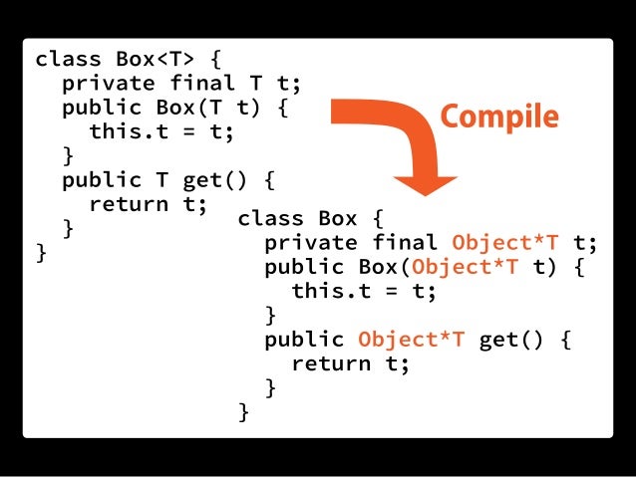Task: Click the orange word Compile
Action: coord(499,117)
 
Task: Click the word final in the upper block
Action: coord(195,83)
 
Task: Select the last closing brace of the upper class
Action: coord(42,253)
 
